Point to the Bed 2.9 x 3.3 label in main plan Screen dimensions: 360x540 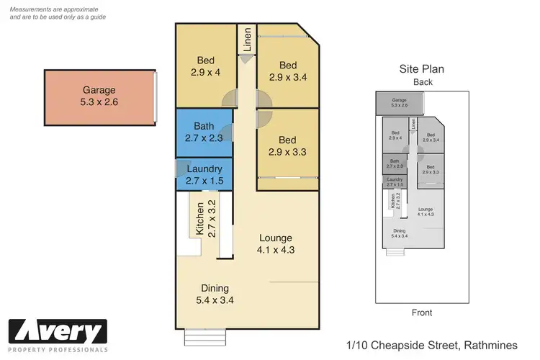coord(287,146)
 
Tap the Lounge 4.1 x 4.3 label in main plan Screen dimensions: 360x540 coord(276,244)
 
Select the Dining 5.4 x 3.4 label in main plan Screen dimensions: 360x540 coord(216,294)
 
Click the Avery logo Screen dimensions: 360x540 coord(58,333)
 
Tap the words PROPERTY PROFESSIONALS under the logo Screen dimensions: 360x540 coord(58,349)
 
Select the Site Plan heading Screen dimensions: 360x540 coord(421,70)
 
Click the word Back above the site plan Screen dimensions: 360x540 coord(422,83)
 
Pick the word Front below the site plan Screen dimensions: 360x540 coord(422,312)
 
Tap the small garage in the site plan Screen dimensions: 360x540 coord(400,103)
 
